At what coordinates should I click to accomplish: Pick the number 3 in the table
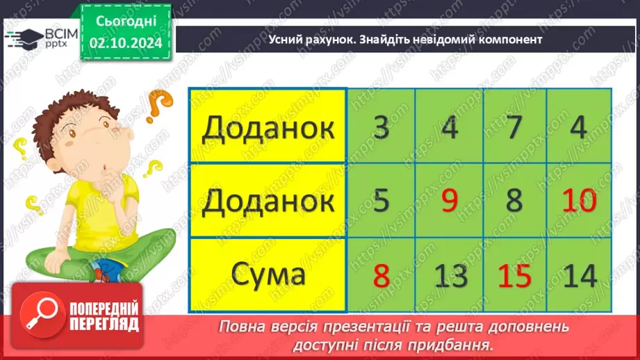pyautogui.click(x=381, y=128)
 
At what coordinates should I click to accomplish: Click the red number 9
pyautogui.click(x=449, y=202)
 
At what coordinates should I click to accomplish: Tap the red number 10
pyautogui.click(x=579, y=202)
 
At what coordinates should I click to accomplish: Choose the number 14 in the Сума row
pyautogui.click(x=579, y=276)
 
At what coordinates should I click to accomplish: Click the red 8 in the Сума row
pyautogui.click(x=381, y=276)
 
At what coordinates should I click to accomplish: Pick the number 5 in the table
pyautogui.click(x=381, y=202)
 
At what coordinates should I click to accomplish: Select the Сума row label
pyautogui.click(x=268, y=275)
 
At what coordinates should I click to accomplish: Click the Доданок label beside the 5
pyautogui.click(x=268, y=202)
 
